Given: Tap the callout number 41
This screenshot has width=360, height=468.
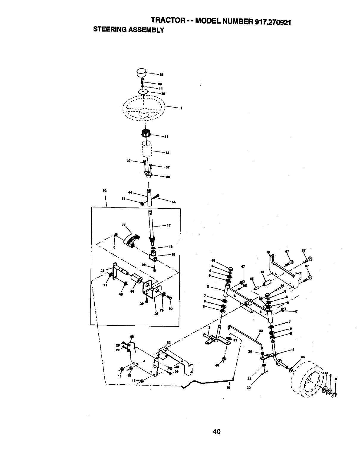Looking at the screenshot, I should click(166, 137).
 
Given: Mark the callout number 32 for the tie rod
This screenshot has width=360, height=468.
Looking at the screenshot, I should click(261, 330).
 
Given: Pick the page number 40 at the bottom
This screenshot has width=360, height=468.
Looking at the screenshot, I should click(216, 431).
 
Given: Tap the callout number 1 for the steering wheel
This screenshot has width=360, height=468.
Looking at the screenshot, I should click(181, 108).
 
